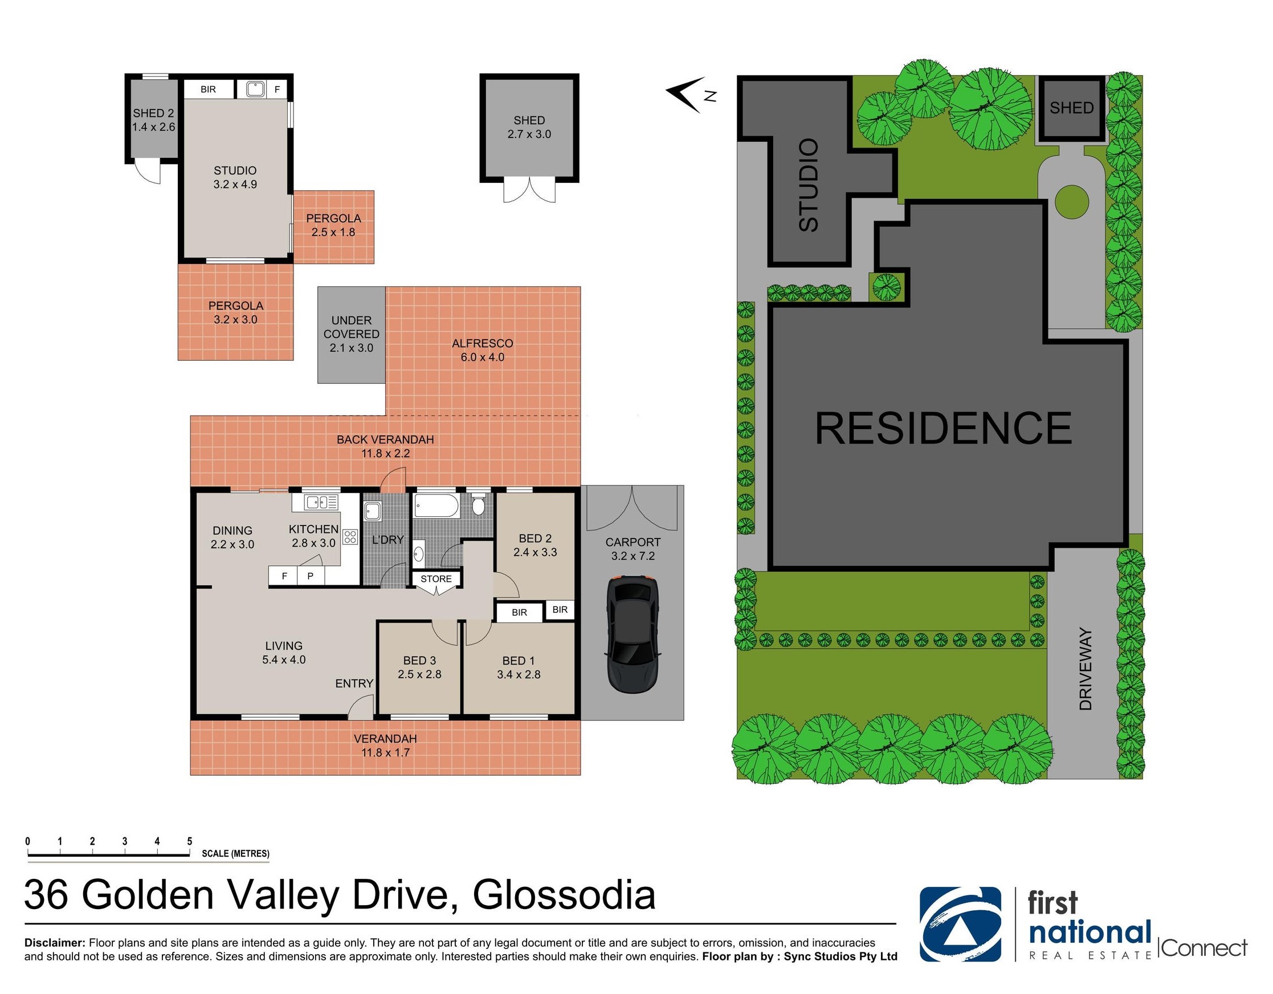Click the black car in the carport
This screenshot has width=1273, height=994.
pyautogui.click(x=633, y=634)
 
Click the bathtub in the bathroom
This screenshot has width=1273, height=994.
pyautogui.click(x=436, y=506)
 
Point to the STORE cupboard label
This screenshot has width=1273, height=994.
pyautogui.click(x=436, y=579)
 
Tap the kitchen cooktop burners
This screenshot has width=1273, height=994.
pyautogui.click(x=350, y=536)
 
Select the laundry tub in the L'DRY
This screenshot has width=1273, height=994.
pyautogui.click(x=372, y=512)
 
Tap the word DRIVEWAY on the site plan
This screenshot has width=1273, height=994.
pyautogui.click(x=1085, y=669)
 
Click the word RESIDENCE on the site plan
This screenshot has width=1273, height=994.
pyautogui.click(x=943, y=429)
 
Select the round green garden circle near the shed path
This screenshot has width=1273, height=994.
pyautogui.click(x=1071, y=203)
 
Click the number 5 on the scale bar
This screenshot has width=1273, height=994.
pyautogui.click(x=189, y=841)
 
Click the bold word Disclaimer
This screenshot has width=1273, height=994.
pyautogui.click(x=55, y=943)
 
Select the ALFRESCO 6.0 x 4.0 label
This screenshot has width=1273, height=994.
pyautogui.click(x=483, y=351)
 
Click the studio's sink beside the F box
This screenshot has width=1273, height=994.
pyautogui.click(x=255, y=89)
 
